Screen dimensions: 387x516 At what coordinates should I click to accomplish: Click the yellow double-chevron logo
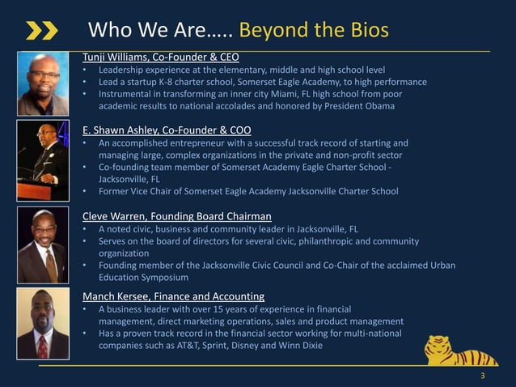(x=41, y=31)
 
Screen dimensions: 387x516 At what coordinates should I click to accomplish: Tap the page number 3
(x=483, y=376)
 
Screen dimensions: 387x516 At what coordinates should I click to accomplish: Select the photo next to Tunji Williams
(x=43, y=84)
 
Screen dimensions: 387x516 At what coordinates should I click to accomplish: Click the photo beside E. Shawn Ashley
(x=43, y=161)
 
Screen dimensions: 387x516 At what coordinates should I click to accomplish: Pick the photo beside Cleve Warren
(x=43, y=246)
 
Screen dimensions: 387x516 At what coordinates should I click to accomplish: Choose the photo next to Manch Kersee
(x=43, y=323)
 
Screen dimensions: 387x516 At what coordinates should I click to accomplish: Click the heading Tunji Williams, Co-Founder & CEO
(x=160, y=57)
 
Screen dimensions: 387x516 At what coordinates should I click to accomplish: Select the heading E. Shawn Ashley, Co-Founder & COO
(x=167, y=130)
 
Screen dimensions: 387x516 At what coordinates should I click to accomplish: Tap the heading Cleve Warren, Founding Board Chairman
(x=176, y=216)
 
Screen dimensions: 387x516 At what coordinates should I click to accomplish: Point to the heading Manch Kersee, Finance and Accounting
(x=173, y=296)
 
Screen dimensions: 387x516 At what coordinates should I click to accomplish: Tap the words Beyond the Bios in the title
(x=314, y=31)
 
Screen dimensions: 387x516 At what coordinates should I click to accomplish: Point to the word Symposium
(x=162, y=277)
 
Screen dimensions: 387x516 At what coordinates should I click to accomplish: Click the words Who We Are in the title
(x=142, y=31)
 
